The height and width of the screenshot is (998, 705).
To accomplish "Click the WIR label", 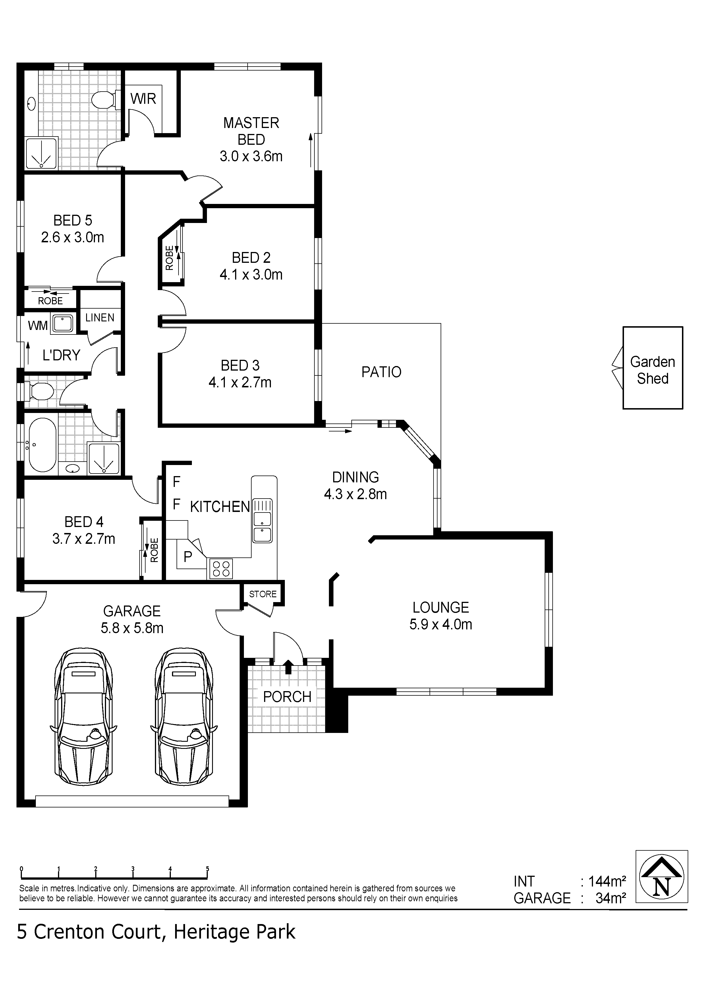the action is [x=143, y=99].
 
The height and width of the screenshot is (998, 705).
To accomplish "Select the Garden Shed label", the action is [x=652, y=370].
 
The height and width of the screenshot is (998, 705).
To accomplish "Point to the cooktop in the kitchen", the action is [x=221, y=569].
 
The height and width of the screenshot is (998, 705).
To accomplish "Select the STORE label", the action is [x=263, y=594].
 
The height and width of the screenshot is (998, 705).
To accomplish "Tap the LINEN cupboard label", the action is [x=99, y=318].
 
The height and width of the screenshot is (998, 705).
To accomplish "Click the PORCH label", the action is [x=287, y=697].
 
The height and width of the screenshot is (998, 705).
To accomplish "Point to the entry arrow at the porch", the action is [x=288, y=667].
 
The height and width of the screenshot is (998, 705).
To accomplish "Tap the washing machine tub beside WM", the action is [x=63, y=324].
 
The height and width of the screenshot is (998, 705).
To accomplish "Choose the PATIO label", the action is [x=381, y=372].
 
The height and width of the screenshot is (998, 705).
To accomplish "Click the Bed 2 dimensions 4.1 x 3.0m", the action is [x=251, y=275].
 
